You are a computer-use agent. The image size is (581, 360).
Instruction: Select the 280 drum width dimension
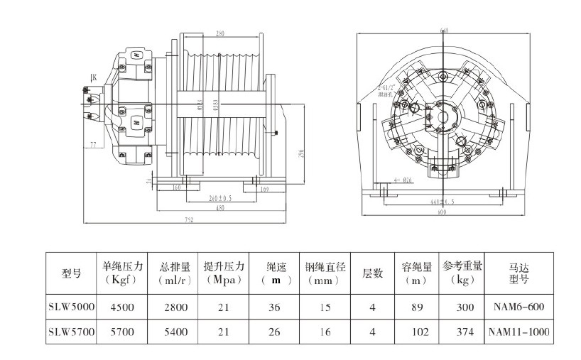tap(220, 34)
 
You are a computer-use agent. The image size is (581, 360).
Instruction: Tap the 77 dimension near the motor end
tap(92, 145)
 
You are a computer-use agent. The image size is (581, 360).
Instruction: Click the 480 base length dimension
tap(220, 209)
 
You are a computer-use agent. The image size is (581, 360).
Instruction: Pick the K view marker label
tap(93, 77)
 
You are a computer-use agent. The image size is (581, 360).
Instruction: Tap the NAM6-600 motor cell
tap(519, 307)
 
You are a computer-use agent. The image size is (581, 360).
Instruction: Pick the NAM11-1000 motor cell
tap(519, 332)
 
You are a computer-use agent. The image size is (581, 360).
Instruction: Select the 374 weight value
tap(462, 332)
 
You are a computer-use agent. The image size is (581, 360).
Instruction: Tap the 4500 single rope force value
tap(124, 307)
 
